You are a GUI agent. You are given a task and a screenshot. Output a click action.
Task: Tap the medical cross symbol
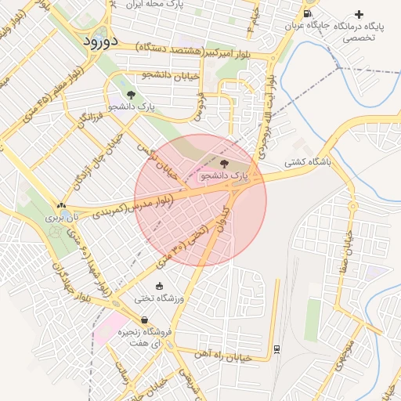359,14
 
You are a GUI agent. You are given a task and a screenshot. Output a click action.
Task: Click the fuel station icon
305,13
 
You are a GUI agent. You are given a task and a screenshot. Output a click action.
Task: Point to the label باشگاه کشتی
308,163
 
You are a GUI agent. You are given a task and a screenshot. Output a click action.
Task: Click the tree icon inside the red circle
225,164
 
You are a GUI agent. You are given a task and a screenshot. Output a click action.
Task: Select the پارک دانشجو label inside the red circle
223,176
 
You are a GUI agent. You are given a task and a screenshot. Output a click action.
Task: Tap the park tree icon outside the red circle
131,94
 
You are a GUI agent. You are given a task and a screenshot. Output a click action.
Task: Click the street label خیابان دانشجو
168,74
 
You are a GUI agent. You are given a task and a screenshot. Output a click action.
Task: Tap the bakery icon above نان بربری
61,205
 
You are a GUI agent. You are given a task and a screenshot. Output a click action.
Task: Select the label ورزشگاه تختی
160,298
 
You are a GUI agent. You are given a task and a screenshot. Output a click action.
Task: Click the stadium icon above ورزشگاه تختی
160,286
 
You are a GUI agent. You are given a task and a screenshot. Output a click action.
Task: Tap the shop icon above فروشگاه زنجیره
145,320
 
